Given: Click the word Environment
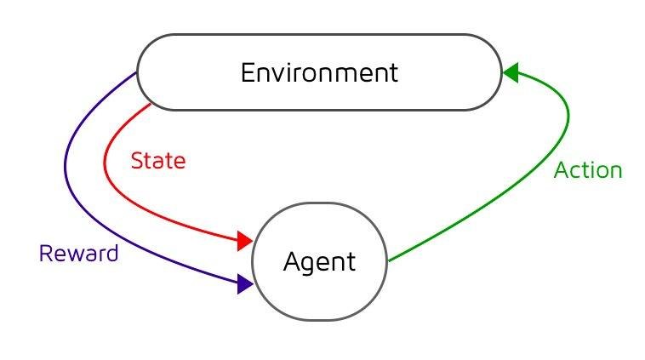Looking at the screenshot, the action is (319, 73).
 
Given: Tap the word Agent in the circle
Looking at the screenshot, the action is (319, 262).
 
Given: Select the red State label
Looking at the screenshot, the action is (158, 161).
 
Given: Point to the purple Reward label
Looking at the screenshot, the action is (78, 253).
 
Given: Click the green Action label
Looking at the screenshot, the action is (588, 170).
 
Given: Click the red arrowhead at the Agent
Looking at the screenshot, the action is (245, 241).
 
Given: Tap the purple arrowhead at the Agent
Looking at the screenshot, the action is (245, 284).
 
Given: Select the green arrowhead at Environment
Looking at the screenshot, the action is (511, 72).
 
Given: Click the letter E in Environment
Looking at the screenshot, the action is (248, 73).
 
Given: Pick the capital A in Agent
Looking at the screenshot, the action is (292, 260).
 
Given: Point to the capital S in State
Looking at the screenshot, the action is (138, 161).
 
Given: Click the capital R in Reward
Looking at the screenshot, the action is (46, 253).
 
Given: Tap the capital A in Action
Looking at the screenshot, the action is (562, 170).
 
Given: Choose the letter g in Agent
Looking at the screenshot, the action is (309, 265).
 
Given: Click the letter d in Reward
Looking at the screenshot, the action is (111, 253).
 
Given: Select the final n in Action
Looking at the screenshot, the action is (616, 173).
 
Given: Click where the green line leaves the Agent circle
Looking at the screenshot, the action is (388, 260).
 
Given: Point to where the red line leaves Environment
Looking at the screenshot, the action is (151, 104).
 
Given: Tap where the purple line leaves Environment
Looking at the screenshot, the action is (136, 72).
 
